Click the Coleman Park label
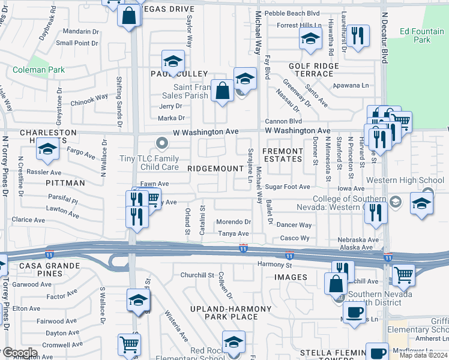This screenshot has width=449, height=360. [38, 70]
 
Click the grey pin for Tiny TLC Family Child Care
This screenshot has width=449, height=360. [161, 143]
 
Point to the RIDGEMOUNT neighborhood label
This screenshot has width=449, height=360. [215, 169]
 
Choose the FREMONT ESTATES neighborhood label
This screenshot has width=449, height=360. [283, 155]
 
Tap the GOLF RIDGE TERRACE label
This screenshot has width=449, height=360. [310, 70]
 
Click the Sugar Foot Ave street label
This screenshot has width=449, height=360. [288, 187]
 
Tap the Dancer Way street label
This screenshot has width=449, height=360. [294, 225]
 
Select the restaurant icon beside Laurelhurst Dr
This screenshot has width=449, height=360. [358, 35]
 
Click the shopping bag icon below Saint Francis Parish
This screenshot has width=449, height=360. [222, 92]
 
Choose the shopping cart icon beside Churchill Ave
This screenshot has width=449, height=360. [403, 275]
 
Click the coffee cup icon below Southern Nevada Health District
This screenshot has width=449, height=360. [354, 313]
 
